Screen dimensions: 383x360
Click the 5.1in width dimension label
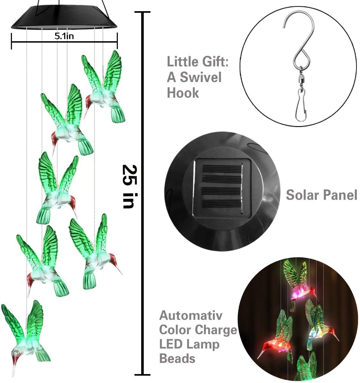click(64, 36)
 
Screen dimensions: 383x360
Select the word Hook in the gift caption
click(183, 93)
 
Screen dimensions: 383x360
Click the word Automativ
click(191, 316)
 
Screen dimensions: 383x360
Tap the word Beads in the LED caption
click(177, 358)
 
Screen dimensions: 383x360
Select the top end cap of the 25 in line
click(142, 12)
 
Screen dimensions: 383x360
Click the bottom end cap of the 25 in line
click(142, 374)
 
